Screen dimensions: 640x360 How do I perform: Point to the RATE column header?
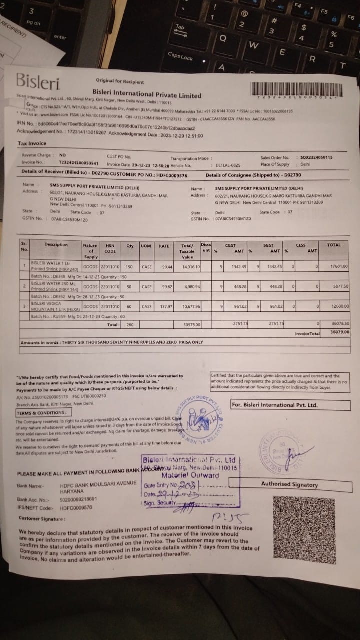(164, 246)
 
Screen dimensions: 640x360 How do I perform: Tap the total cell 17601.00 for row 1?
(338, 266)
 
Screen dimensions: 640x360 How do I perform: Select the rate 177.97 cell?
(163, 306)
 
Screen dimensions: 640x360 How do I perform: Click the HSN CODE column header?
(110, 248)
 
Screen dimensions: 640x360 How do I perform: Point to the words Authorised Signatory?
(289, 484)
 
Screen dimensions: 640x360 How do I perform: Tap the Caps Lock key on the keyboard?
(180, 57)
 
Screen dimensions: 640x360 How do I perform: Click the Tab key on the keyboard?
(180, 28)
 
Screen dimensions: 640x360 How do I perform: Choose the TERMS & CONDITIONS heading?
(41, 413)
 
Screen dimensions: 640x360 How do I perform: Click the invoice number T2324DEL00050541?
(79, 163)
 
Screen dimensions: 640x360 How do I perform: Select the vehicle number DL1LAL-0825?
(228, 165)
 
